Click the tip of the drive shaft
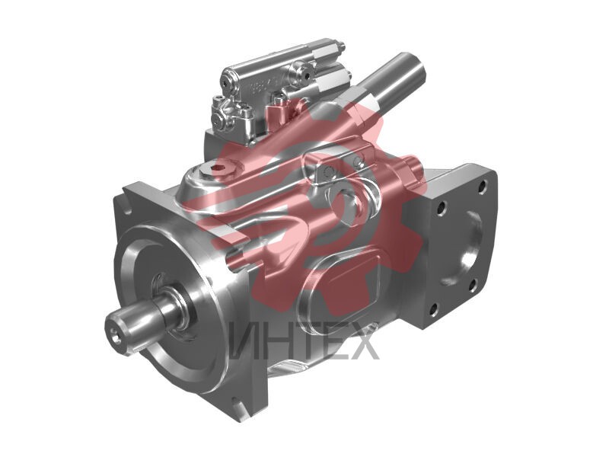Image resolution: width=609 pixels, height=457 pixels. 117,334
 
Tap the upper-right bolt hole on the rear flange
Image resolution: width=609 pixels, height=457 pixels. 483,187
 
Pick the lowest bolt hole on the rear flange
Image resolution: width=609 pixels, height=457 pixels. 434,309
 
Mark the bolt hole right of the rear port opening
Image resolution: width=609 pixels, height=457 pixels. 473,285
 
